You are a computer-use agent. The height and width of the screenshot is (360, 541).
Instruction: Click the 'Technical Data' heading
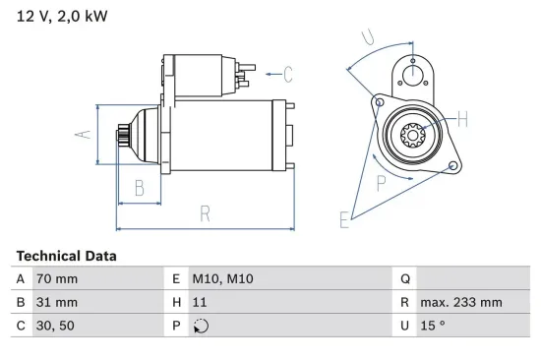coord(66,256)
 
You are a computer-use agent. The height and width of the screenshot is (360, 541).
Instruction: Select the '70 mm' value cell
coord(55,279)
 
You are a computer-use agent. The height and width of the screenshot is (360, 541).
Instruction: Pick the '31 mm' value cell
coord(55,303)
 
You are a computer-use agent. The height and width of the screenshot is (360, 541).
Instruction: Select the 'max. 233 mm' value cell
coord(460,303)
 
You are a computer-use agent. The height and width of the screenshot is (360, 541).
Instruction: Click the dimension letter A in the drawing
coord(85,136)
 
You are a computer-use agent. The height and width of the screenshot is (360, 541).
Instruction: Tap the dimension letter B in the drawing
coord(140,188)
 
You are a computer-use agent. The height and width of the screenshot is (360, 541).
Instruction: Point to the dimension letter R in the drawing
coord(206,213)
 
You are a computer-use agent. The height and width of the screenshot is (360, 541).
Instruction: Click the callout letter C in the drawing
coord(288,72)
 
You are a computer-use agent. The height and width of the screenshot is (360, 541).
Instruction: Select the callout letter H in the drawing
coord(462,120)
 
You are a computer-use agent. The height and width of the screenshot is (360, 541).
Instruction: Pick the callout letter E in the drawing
coord(344,220)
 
